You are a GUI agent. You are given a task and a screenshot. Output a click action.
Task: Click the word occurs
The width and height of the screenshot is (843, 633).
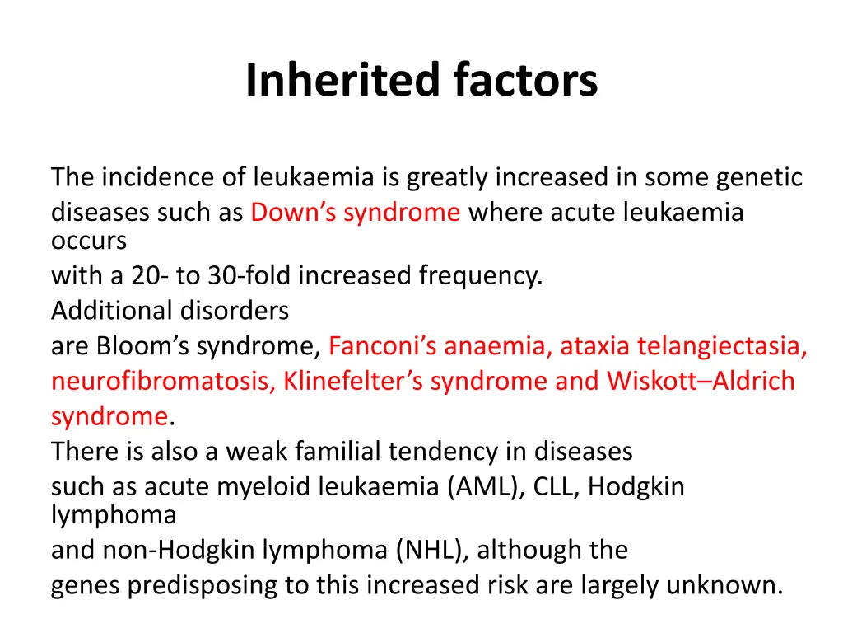(89, 241)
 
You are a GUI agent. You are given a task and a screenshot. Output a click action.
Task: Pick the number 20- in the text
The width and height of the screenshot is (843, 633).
(149, 275)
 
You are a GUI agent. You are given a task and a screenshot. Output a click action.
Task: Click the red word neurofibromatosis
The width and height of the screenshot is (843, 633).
(163, 382)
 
